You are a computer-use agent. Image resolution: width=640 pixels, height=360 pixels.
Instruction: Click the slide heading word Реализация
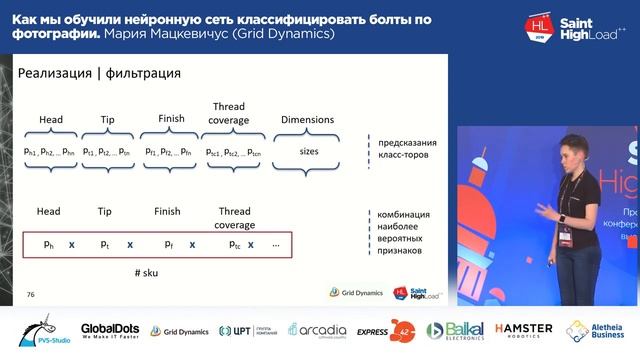click(58, 73)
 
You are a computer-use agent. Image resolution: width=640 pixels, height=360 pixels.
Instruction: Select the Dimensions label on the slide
click(307, 120)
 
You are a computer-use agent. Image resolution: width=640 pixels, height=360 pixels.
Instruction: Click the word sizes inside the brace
click(309, 151)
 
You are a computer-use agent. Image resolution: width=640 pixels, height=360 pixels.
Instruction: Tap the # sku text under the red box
click(148, 273)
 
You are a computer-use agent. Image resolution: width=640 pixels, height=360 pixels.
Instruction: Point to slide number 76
click(31, 294)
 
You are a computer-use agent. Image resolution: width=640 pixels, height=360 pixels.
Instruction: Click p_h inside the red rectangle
click(49, 244)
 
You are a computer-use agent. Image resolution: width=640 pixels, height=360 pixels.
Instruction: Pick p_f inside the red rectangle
click(169, 244)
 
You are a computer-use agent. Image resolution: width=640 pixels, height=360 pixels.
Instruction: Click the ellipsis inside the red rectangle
click(275, 244)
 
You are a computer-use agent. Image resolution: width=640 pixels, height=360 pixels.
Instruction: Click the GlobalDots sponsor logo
click(109, 331)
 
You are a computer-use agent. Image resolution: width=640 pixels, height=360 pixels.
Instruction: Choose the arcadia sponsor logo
click(317, 331)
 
